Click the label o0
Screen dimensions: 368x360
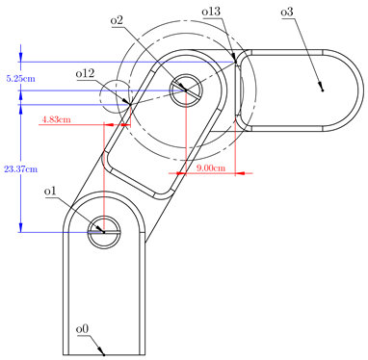click(82, 329)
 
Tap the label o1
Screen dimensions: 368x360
click(50, 192)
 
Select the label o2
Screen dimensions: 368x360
click(117, 20)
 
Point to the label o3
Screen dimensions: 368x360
click(287, 13)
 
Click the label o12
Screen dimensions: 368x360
click(86, 74)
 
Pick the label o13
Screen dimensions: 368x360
click(211, 12)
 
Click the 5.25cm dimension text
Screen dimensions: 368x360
click(21, 79)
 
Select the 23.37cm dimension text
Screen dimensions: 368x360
click(21, 169)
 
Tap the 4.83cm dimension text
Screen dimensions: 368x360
click(56, 120)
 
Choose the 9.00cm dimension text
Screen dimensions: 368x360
click(211, 167)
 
